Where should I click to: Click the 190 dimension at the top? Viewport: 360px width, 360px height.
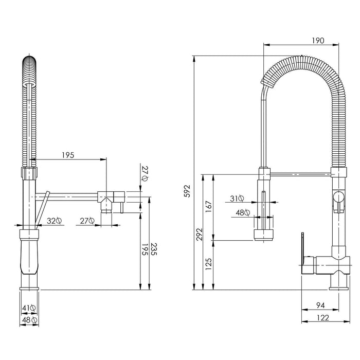point(318,41)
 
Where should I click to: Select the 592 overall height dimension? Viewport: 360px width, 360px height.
point(188,191)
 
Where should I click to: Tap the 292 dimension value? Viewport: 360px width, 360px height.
point(200,234)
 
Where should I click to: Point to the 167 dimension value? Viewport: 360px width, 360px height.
point(208,206)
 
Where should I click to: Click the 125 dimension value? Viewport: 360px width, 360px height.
point(208,264)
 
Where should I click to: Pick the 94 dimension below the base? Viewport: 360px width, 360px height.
point(320,305)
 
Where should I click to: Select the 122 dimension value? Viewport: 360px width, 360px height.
point(323,318)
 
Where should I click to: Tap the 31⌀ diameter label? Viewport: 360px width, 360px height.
point(237,199)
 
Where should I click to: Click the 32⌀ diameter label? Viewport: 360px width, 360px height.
point(54,221)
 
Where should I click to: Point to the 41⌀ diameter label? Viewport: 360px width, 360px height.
point(29,308)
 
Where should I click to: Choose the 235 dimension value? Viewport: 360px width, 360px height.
point(154,249)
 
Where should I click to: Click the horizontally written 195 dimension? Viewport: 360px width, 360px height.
point(68,155)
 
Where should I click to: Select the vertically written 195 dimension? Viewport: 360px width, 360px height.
point(145,250)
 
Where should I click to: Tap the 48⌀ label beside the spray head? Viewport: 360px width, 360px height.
point(243,213)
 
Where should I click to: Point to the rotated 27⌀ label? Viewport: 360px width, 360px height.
point(145,173)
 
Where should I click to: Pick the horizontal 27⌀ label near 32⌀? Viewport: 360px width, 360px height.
point(87,221)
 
